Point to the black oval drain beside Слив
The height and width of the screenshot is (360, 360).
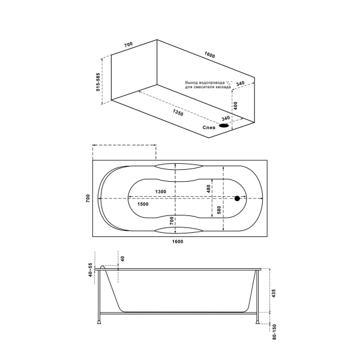pyautogui.click(x=224, y=126)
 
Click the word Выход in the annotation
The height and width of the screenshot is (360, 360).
pyautogui.click(x=193, y=82)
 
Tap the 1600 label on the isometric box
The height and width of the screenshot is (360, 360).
pyautogui.click(x=209, y=55)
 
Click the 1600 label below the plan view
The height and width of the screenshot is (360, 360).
pyautogui.click(x=178, y=242)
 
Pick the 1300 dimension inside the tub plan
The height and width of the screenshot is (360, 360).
pyautogui.click(x=160, y=191)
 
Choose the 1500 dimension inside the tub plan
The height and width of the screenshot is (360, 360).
pyautogui.click(x=143, y=204)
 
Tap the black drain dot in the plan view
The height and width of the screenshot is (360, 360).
pyautogui.click(x=237, y=198)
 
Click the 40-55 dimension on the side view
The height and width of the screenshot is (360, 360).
pyautogui.click(x=91, y=271)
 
